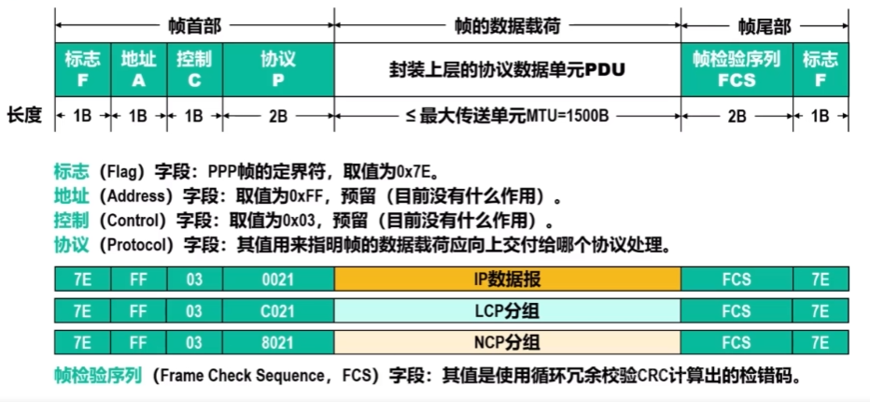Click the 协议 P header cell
tap(278, 69)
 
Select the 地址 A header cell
tap(138, 69)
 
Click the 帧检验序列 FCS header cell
tap(737, 69)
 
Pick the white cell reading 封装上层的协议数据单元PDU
tap(507, 69)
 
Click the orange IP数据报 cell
tap(507, 279)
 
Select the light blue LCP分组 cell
tap(507, 310)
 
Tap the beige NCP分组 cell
tap(507, 341)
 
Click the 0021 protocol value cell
tap(278, 279)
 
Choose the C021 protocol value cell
tap(278, 310)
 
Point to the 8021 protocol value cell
tap(278, 341)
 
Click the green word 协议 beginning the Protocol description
tap(71, 246)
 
